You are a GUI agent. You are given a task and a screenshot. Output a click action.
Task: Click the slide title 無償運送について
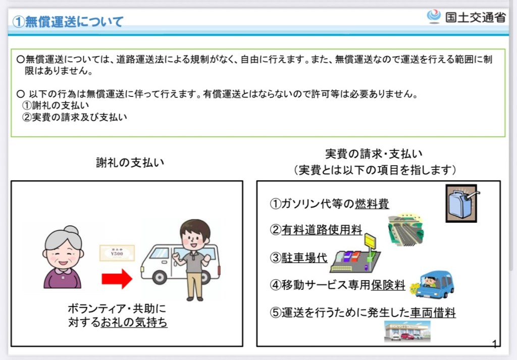pos(68,22)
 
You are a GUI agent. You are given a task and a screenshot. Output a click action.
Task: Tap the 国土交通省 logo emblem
pos(434,17)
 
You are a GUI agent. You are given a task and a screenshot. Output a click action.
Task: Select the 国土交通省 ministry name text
pos(476,17)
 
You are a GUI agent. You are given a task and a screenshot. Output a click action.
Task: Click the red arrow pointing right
pos(117,279)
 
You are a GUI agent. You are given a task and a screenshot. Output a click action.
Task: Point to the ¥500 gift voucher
pos(117,253)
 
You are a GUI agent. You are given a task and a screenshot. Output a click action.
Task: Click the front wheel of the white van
pos(160,277)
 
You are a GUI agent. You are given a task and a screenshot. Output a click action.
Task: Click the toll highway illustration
pos(406,230)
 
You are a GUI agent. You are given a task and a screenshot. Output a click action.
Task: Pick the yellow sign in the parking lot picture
pos(370,241)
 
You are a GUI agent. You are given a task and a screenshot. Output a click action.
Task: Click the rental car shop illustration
pos(407,331)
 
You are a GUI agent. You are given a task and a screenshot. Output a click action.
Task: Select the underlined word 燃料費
pos(372,204)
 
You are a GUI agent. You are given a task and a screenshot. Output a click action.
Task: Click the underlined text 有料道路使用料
pos(322,230)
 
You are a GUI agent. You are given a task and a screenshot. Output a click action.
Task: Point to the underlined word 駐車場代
pos(304,258)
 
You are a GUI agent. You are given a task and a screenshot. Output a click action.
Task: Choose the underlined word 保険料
pos(388,285)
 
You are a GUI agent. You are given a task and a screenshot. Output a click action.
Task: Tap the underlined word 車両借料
pos(433,312)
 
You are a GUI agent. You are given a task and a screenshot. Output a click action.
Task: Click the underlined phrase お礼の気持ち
pos(134,322)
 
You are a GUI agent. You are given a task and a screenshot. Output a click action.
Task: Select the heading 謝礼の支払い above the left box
pos(130,163)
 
